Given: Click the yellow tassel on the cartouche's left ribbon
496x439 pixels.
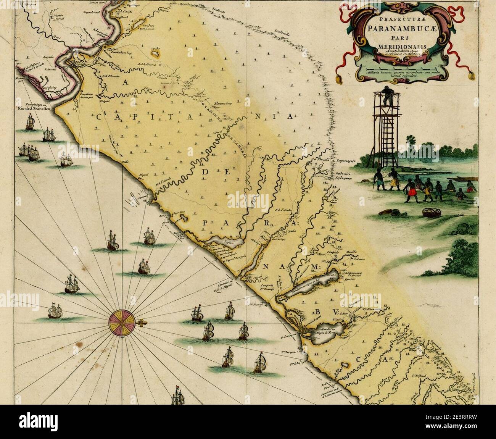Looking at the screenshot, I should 338,79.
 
